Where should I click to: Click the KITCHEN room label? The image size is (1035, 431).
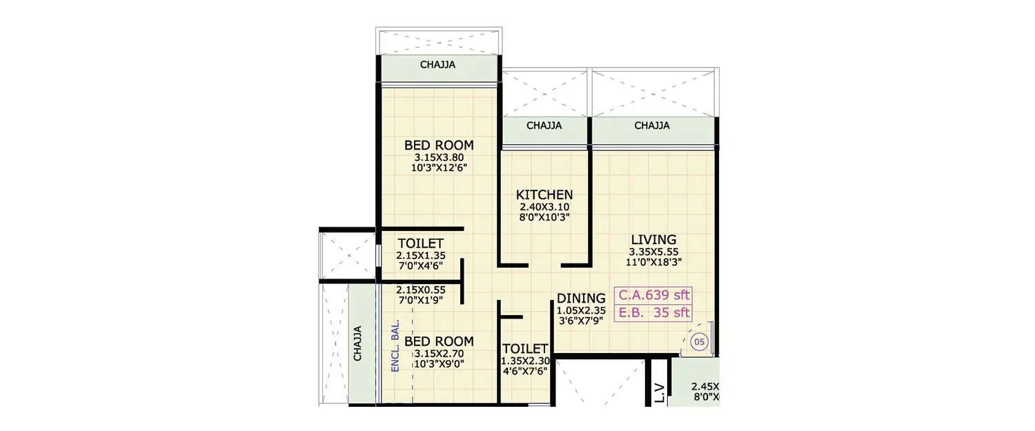(x=544, y=194)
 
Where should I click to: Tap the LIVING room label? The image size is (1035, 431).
(x=653, y=239)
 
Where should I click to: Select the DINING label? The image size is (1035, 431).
(x=581, y=298)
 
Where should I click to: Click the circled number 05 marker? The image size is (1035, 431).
(x=698, y=341)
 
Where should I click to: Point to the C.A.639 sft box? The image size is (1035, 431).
(x=653, y=295)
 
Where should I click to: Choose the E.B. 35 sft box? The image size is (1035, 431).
(x=653, y=312)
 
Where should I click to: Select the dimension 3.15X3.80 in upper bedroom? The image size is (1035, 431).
(x=439, y=157)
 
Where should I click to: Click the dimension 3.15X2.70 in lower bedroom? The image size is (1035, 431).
(x=439, y=354)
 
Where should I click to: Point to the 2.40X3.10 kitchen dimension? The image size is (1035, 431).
(x=544, y=207)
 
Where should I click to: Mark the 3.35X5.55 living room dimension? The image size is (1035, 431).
(x=653, y=252)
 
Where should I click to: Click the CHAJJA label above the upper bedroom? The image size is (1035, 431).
(x=438, y=66)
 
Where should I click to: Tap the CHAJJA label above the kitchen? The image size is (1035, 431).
(x=544, y=126)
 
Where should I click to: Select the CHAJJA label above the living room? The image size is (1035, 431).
(x=652, y=126)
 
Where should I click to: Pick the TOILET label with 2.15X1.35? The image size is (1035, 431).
(x=420, y=243)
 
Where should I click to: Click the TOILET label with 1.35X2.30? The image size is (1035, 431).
(x=525, y=348)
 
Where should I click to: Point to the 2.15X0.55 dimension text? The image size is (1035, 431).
(x=420, y=290)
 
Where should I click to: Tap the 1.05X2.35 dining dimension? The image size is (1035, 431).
(x=581, y=311)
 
